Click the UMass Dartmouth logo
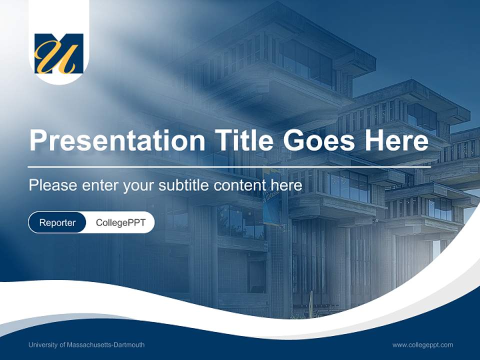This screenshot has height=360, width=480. tap(59, 53)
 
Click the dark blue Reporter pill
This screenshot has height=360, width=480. tap(57, 222)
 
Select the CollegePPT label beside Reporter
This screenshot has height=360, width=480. tap(120, 222)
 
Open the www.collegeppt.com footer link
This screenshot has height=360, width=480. tap(422, 345)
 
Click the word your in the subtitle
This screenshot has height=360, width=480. tap(139, 185)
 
